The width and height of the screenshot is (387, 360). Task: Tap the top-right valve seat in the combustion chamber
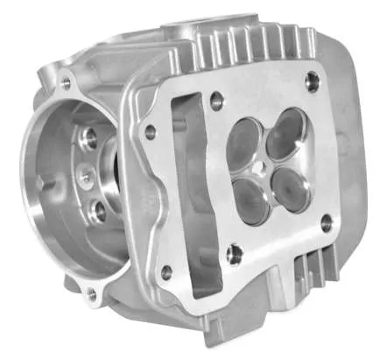tap(285, 138)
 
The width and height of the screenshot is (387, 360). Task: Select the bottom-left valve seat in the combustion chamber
tap(251, 201)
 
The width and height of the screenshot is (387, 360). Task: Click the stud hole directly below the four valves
tap(234, 255)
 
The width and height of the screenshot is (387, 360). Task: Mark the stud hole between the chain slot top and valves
tap(217, 102)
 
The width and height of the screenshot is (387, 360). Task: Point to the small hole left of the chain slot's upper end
tap(151, 132)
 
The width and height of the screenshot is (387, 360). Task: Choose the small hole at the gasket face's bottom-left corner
tap(166, 272)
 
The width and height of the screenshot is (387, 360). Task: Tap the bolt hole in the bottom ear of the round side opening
tap(91, 295)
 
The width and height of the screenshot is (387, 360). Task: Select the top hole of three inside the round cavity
tap(89, 138)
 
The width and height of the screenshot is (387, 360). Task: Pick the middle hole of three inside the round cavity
tap(85, 176)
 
